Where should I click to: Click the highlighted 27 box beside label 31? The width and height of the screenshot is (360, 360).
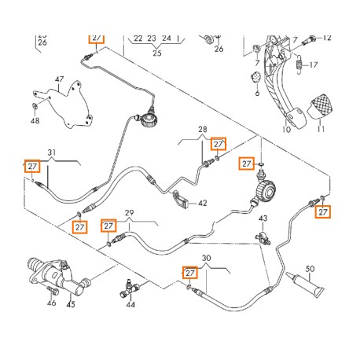pyautogui.click(x=32, y=167)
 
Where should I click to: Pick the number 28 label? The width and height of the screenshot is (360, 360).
pyautogui.click(x=202, y=129)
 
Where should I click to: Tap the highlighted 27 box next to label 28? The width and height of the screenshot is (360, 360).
pyautogui.click(x=219, y=143)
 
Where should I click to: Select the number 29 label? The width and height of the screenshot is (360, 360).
pyautogui.click(x=130, y=213)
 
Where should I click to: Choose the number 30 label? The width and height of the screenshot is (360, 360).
pyautogui.click(x=206, y=257)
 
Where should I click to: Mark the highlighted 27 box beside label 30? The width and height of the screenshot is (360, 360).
pyautogui.click(x=189, y=272)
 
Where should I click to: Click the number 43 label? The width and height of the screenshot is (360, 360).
pyautogui.click(x=264, y=218)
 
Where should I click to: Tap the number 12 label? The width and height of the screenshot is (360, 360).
pyautogui.click(x=327, y=38)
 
